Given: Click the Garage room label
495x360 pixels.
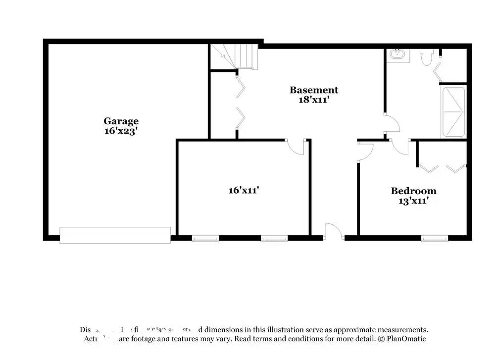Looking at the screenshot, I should point(121,121).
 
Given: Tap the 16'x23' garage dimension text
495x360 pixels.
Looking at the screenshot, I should point(121,131).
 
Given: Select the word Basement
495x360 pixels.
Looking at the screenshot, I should point(314,90).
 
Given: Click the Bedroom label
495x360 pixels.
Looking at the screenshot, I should point(413,191).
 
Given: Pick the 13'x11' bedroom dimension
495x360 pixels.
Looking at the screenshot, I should point(413,201).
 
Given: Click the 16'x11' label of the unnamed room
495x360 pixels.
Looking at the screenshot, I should point(244,190).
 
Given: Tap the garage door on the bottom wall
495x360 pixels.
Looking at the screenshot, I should point(115,235).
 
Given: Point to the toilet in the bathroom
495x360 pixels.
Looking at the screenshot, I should point(427,57).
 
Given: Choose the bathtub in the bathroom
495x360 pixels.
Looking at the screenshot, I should point(453,112).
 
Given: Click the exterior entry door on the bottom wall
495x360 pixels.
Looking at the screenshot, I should point(333,232).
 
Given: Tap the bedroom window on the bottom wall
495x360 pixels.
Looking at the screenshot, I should point(435,239).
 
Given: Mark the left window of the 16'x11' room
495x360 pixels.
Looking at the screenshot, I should point(205,239).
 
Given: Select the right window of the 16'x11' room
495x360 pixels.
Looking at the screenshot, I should point(274,239).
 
